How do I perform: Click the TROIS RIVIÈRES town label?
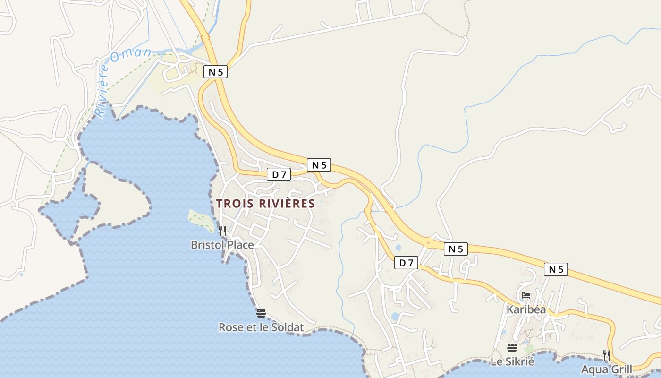click(265, 204)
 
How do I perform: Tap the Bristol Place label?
click(222, 245)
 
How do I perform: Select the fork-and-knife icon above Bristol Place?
click(222, 231)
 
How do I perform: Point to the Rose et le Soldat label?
click(261, 327)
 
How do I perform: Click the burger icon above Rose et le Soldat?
click(261, 313)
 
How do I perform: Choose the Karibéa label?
click(526, 309)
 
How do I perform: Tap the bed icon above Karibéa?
click(526, 296)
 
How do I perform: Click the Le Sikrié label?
click(512, 362)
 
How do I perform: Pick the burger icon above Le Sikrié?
click(512, 348)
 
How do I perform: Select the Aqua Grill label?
click(606, 369)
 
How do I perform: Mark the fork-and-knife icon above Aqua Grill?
click(607, 355)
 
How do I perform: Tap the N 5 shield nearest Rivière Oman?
click(216, 72)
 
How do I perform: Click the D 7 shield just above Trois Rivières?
click(279, 174)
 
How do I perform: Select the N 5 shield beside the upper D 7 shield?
click(319, 165)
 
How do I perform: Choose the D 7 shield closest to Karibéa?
click(406, 263)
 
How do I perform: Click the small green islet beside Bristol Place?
click(202, 219)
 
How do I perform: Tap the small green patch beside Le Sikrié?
click(529, 349)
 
